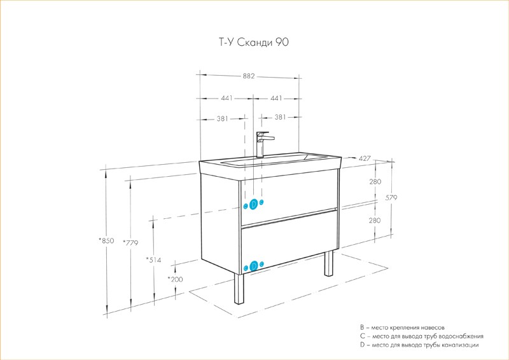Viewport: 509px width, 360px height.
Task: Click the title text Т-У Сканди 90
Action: pyautogui.click(x=253, y=42)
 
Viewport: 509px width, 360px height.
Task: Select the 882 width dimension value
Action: pyautogui.click(x=249, y=76)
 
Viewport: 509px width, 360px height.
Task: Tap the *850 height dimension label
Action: pyautogui.click(x=106, y=240)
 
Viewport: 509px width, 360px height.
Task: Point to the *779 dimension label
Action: pyautogui.click(x=130, y=242)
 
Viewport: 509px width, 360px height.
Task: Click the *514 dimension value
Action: pyautogui.click(x=153, y=260)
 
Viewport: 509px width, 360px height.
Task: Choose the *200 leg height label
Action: pyautogui.click(x=176, y=279)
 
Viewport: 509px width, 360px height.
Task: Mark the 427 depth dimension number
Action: pyautogui.click(x=365, y=158)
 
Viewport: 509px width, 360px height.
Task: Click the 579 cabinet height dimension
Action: pyautogui.click(x=391, y=197)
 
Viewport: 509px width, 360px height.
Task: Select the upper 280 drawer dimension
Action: pyautogui.click(x=375, y=181)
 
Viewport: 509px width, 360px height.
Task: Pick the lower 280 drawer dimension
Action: pyautogui.click(x=375, y=221)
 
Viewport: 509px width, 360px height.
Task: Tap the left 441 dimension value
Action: pyautogui.click(x=227, y=98)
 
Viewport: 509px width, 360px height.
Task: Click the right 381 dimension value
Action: pyautogui.click(x=280, y=117)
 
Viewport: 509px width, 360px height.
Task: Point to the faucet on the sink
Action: pyautogui.click(x=262, y=144)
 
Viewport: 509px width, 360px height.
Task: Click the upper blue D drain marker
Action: pyautogui.click(x=254, y=204)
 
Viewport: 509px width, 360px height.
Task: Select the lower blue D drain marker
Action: pyautogui.click(x=254, y=266)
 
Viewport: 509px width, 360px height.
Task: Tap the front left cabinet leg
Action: pyautogui.click(x=239, y=289)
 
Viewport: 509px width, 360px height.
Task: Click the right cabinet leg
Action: pyautogui.click(x=329, y=263)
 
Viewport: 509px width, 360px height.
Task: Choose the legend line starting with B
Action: pyautogui.click(x=402, y=328)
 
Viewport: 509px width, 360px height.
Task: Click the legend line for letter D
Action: pyautogui.click(x=419, y=345)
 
